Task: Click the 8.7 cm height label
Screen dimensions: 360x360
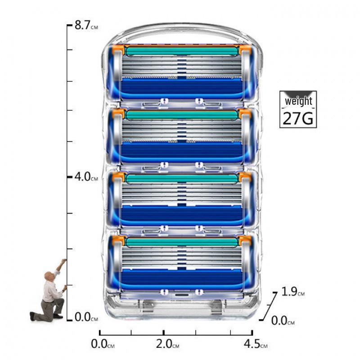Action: click(86, 25)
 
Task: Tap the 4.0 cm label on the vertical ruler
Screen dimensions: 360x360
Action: click(86, 177)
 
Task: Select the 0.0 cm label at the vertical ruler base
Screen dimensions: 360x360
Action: click(86, 317)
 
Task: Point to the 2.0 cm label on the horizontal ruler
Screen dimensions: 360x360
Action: click(167, 344)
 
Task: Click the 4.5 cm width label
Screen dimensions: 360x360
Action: click(256, 344)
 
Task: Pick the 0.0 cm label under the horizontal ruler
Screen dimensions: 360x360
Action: click(103, 344)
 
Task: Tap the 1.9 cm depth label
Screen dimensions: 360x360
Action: click(293, 292)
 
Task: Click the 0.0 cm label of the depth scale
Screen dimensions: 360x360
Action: click(283, 320)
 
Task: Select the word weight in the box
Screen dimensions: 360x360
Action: click(298, 101)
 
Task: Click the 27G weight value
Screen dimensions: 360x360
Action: click(298, 118)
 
